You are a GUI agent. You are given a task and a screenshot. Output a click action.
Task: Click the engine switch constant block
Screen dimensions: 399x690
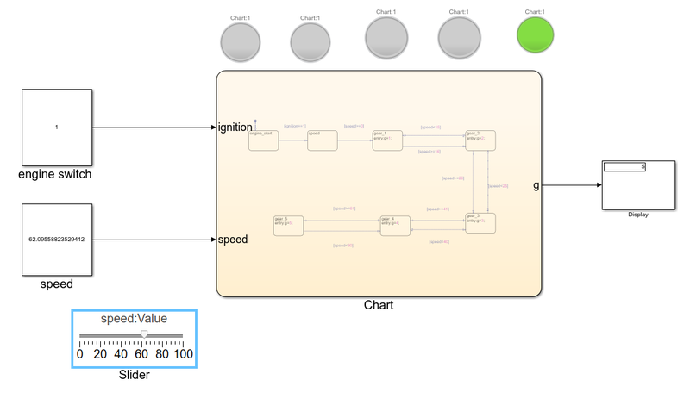(56, 127)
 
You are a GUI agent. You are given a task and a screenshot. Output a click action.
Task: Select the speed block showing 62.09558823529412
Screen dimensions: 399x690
(56, 239)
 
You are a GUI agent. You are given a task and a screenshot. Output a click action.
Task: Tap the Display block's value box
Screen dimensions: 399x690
(624, 166)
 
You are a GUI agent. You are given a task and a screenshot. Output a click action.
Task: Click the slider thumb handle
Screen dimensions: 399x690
(144, 334)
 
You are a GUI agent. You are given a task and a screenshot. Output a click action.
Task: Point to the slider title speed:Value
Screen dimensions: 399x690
(134, 319)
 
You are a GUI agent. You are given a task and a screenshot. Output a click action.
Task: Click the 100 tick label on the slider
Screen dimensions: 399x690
(183, 353)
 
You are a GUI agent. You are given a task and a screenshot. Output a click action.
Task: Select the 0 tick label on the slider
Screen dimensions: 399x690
(80, 353)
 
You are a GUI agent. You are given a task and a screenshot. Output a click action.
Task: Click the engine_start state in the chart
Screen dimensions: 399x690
(263, 140)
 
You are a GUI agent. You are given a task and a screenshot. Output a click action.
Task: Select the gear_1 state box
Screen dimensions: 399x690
(387, 140)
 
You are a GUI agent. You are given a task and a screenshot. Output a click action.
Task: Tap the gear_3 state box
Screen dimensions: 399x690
(480, 223)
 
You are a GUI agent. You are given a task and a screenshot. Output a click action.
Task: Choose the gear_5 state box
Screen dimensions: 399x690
(288, 226)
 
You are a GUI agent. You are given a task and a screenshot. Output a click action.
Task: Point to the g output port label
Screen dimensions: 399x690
(536, 185)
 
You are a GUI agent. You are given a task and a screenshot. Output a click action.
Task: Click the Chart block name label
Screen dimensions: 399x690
(379, 305)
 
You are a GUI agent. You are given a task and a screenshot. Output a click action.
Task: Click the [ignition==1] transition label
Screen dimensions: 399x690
(295, 126)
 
